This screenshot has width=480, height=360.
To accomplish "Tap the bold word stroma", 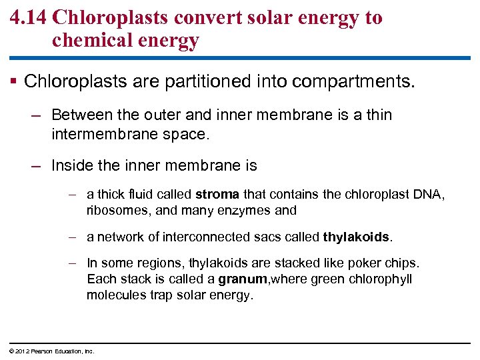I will point(217,195).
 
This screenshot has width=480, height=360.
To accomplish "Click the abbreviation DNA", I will point(431,195).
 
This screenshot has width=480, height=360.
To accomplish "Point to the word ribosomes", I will point(115,211).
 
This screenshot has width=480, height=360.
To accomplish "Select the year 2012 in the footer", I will point(19,351).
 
